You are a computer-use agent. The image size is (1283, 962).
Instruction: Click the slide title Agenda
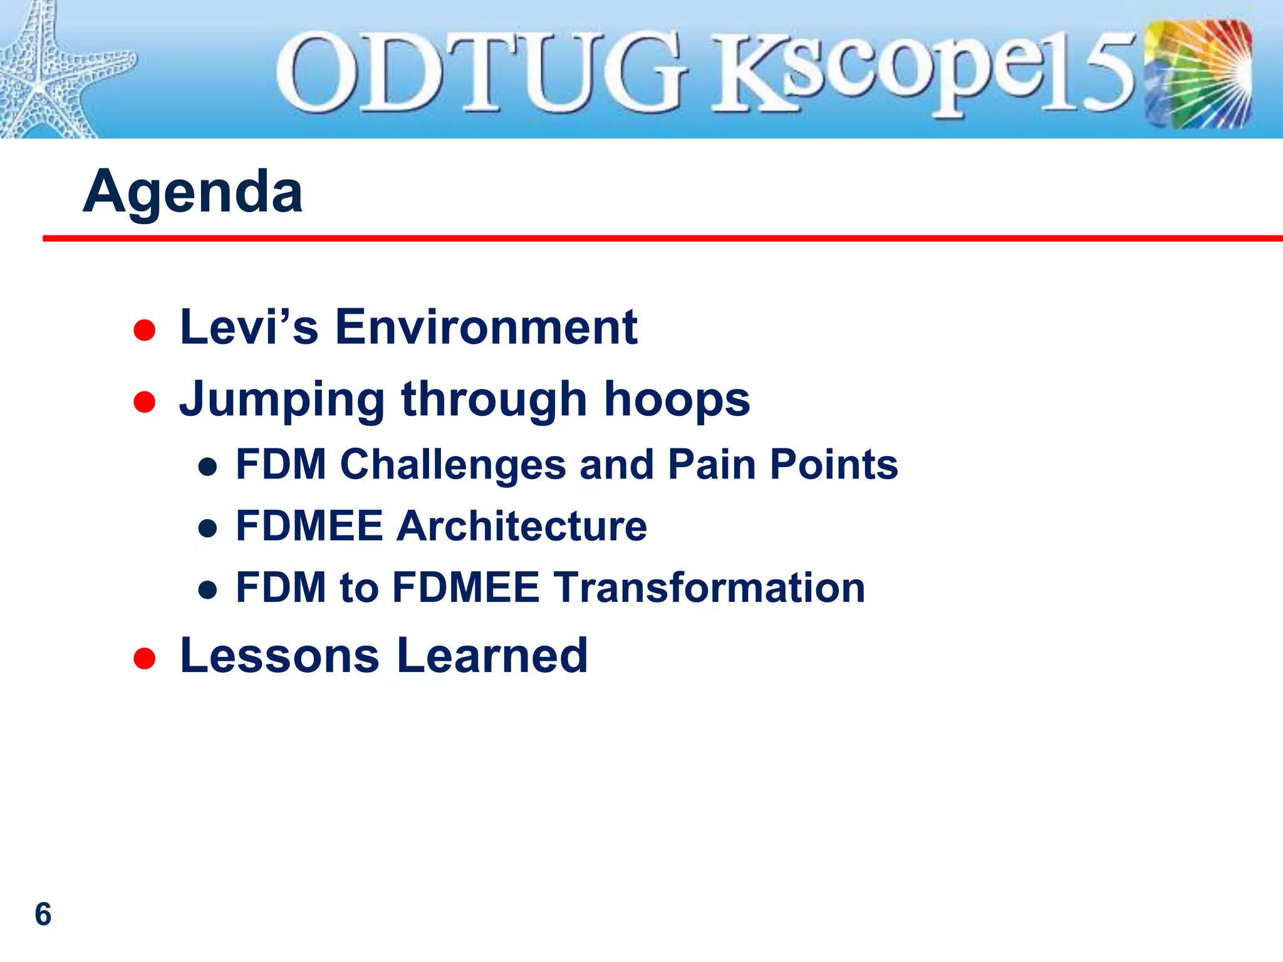[x=192, y=192]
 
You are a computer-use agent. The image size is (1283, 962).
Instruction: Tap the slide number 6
[x=43, y=914]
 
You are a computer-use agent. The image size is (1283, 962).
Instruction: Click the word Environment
[x=486, y=327]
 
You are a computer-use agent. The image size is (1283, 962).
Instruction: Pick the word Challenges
[x=453, y=465]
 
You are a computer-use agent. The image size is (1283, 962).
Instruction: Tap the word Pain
[x=712, y=465]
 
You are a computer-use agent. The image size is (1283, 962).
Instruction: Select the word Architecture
[x=521, y=525]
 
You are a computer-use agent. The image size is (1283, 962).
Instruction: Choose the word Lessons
[x=279, y=656]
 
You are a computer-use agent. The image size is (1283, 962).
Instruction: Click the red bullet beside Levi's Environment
[x=145, y=330]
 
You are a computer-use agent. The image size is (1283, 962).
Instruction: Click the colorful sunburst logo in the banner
[x=1198, y=74]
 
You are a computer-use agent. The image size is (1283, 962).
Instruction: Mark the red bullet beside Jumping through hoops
[x=145, y=402]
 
